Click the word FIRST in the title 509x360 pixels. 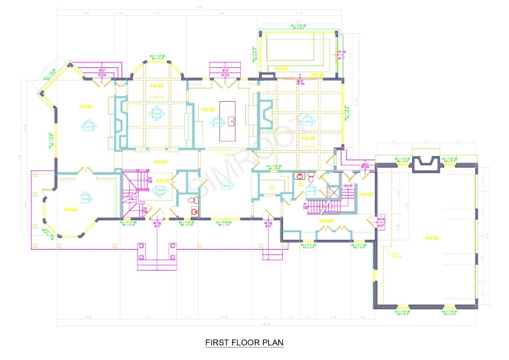[x=216, y=342]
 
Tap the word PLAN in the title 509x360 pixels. [x=274, y=342]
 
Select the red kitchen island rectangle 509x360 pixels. [x=227, y=121]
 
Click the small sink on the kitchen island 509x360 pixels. [x=230, y=121]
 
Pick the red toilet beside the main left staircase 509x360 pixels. [x=193, y=200]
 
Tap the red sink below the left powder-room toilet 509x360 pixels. [x=194, y=211]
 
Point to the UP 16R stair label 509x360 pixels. [x=305, y=206]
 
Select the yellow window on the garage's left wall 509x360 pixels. [x=374, y=274]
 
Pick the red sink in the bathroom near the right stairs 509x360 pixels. [x=300, y=176]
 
